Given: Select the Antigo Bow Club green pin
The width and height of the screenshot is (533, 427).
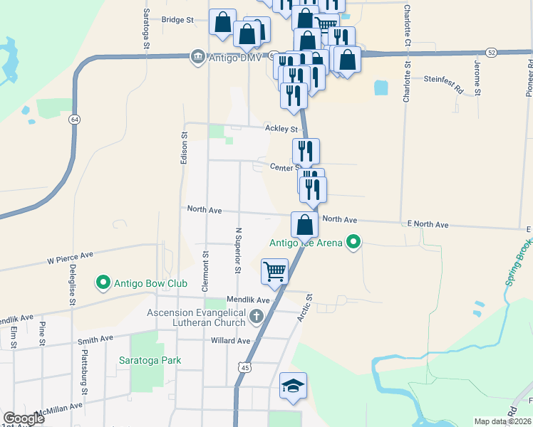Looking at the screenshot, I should coord(103,284).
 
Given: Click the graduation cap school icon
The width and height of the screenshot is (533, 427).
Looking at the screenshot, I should coord(293,386).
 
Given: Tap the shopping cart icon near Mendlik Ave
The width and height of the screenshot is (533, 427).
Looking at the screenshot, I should coord(274,271).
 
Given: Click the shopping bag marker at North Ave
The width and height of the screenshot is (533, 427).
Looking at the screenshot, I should coord(304,224).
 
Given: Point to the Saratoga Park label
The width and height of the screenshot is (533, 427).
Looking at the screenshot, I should coord(150,360).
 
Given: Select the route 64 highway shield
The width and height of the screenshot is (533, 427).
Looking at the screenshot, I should coord(74,120).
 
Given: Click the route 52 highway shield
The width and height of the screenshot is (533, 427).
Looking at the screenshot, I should coord(492,53).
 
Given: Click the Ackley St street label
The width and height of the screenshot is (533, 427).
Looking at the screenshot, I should coord(281,129).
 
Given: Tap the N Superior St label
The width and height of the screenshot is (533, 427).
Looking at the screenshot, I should coord(238,251).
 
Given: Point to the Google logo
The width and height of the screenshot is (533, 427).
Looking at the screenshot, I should coord(24,418).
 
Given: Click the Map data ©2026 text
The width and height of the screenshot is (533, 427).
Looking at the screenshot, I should coord(503,421).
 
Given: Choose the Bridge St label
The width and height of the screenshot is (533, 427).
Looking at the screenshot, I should coord(178,20).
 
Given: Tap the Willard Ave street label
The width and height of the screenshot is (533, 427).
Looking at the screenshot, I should coord(230,341).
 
